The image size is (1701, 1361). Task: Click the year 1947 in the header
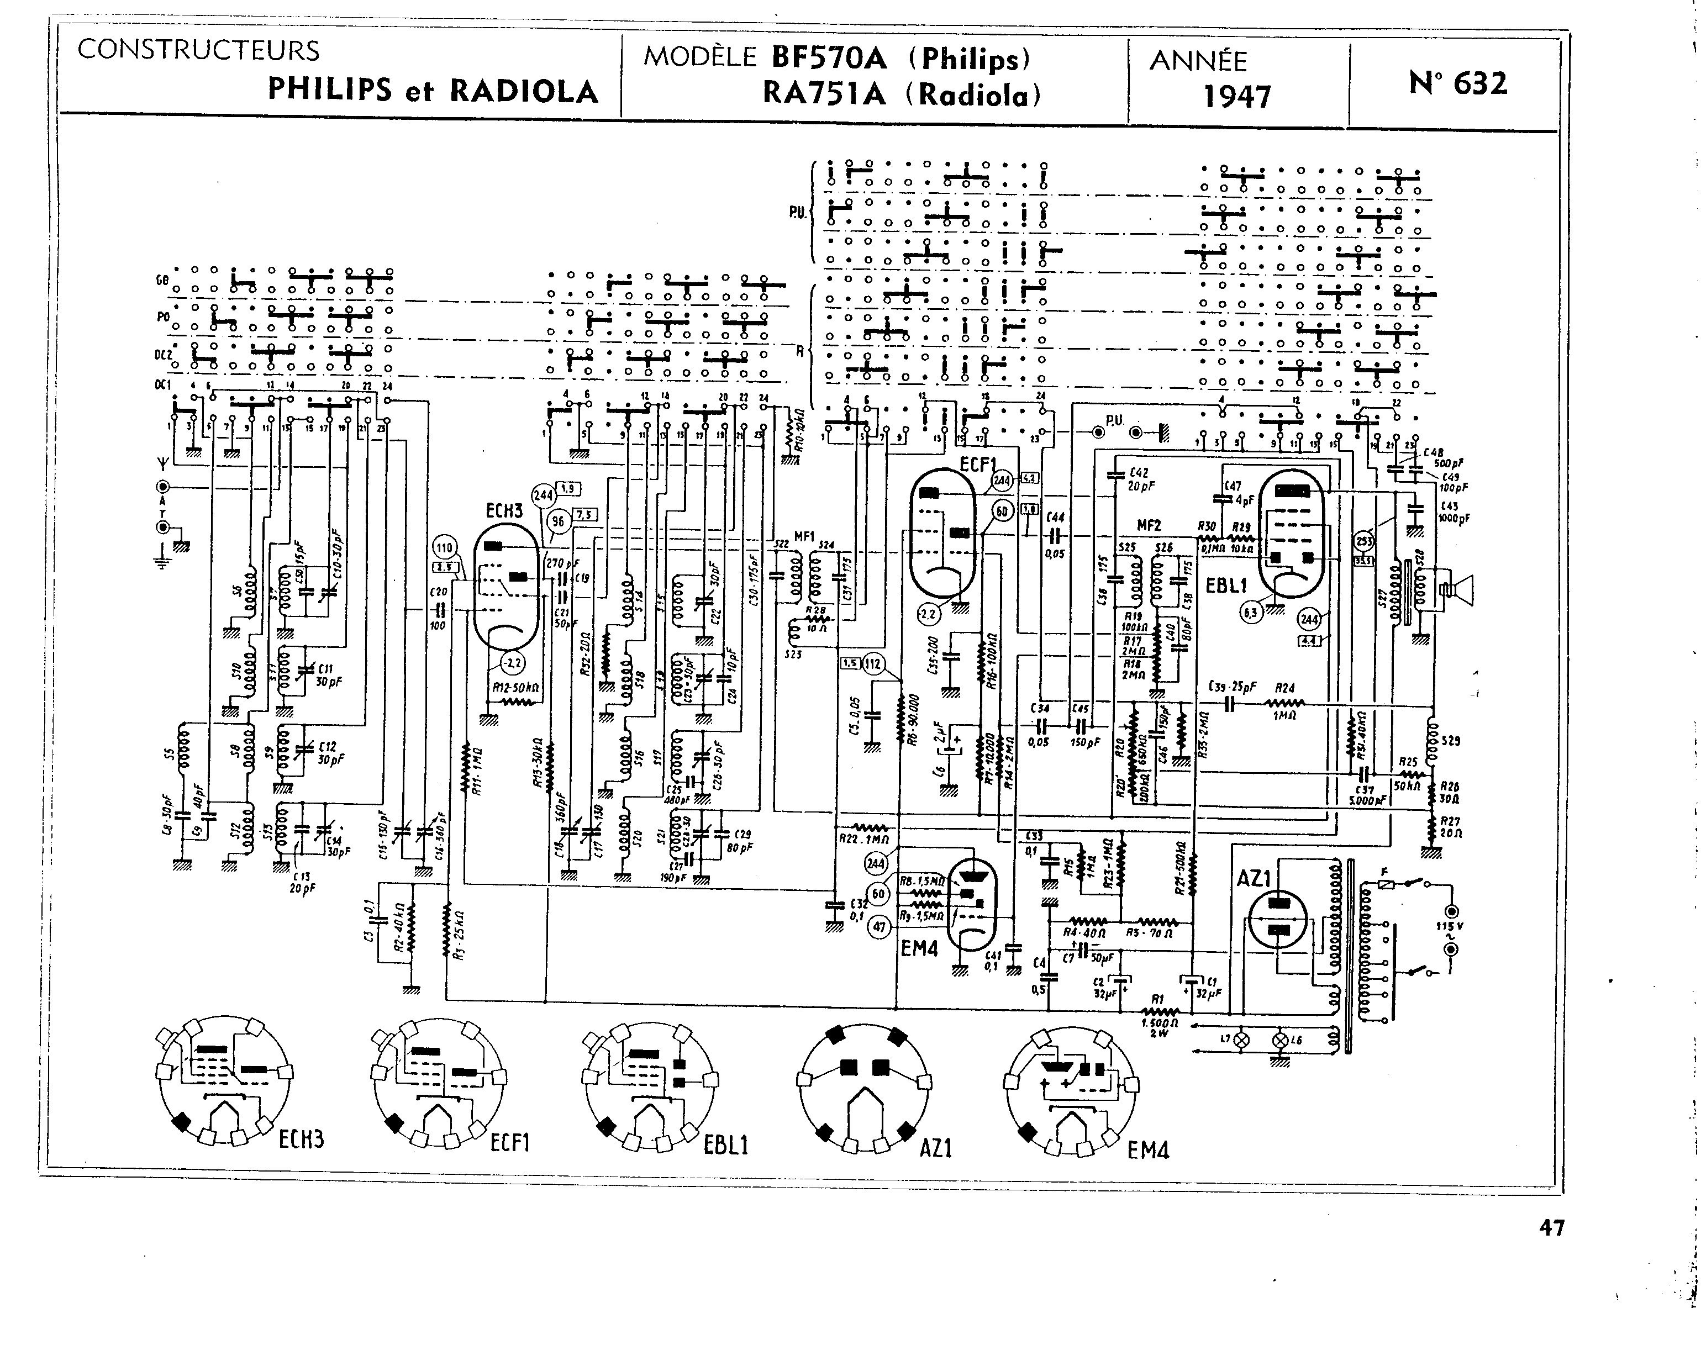1236,96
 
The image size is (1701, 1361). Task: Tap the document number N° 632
1457,83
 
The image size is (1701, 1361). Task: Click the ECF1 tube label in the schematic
977,464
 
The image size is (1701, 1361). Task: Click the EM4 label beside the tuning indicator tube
919,949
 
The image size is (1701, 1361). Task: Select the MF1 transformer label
803,536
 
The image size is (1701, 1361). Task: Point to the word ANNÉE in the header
1198,61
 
